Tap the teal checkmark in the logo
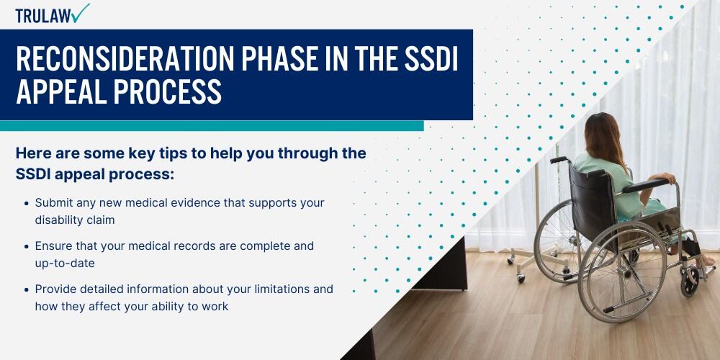81,13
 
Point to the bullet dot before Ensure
27,246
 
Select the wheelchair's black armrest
646,186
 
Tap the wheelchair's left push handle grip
559,159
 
